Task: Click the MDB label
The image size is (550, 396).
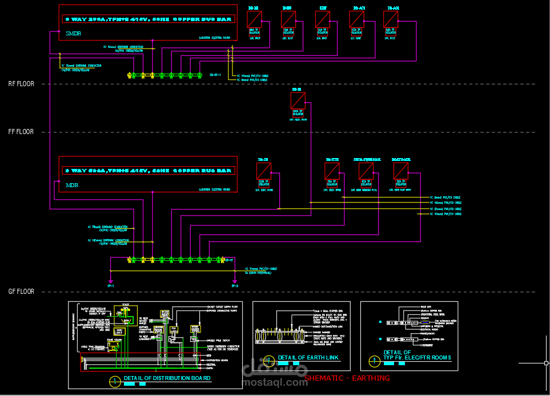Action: click(72, 185)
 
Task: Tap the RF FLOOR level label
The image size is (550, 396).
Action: click(21, 84)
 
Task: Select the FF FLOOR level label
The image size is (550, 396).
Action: click(21, 132)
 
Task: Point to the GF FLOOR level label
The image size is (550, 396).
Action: click(21, 292)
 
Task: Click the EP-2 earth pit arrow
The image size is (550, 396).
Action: click(235, 281)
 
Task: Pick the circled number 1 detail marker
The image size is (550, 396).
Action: click(115, 379)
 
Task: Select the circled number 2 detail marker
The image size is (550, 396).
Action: click(266, 359)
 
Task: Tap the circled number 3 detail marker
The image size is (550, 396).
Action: click(375, 359)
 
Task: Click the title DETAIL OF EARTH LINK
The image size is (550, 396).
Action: click(308, 358)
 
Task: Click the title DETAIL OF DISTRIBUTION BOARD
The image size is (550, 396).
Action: click(167, 378)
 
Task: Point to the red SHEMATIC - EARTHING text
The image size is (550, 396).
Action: click(347, 378)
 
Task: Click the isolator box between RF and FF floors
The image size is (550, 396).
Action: click(298, 101)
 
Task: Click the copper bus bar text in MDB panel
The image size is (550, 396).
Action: click(148, 171)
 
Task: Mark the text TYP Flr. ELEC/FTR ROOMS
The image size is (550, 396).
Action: click(417, 358)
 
